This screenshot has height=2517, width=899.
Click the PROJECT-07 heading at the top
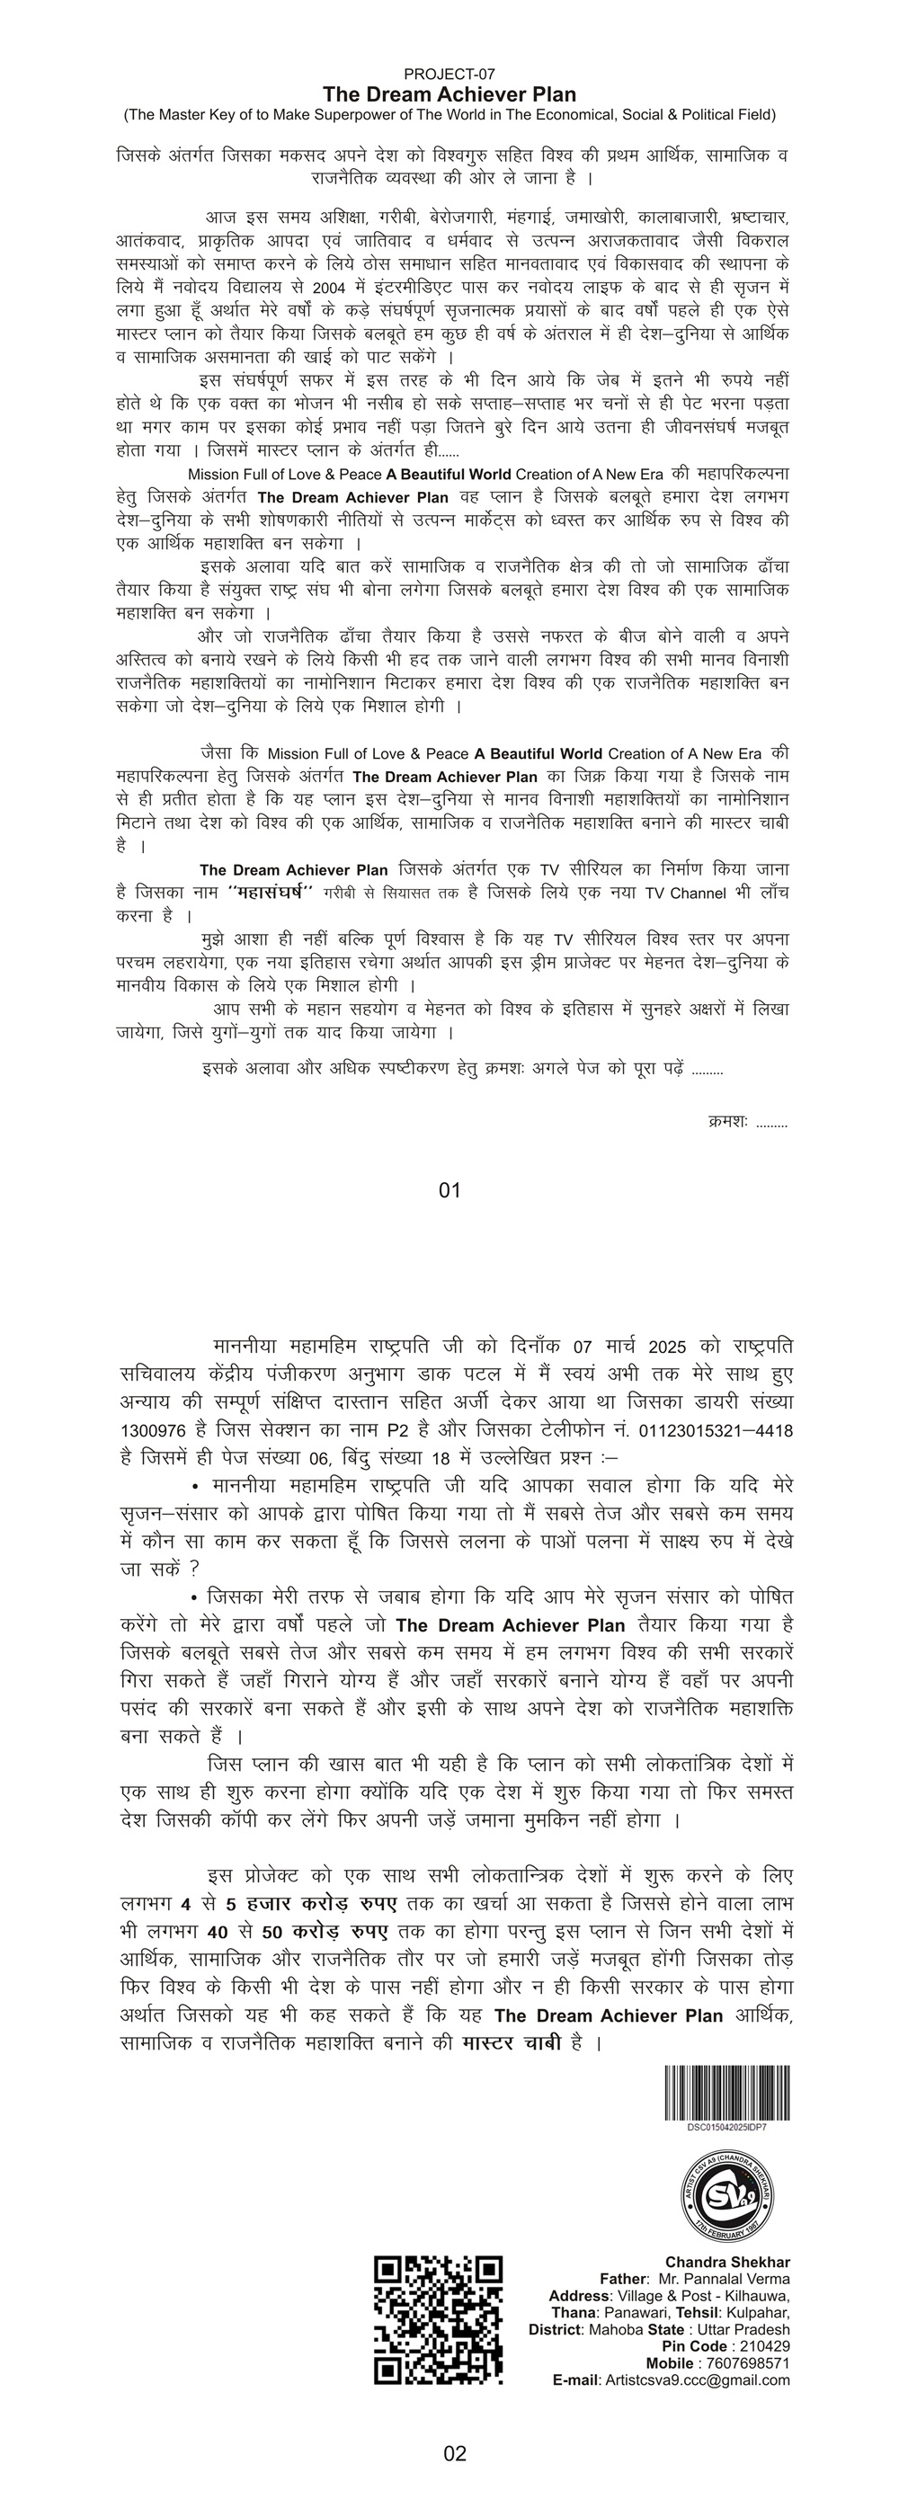(449, 75)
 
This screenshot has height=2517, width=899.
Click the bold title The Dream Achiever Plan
(449, 94)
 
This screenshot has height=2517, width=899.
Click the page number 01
(449, 1190)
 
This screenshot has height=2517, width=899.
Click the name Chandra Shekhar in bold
(727, 2262)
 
